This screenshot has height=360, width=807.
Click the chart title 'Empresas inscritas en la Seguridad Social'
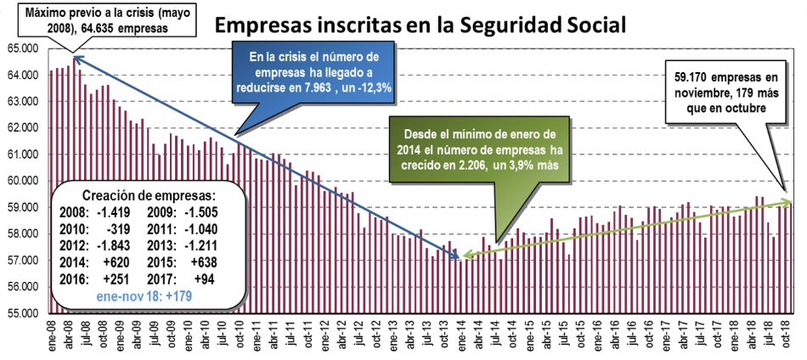click(420, 23)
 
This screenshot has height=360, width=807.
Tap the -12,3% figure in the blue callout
click(372, 87)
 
